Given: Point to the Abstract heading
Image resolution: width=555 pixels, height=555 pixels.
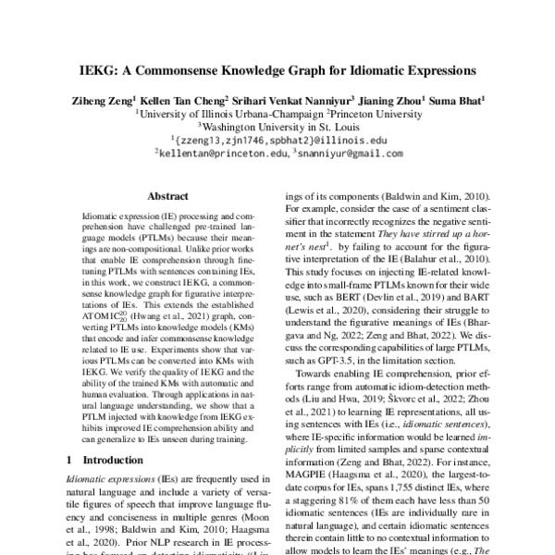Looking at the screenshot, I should click(x=168, y=197).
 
